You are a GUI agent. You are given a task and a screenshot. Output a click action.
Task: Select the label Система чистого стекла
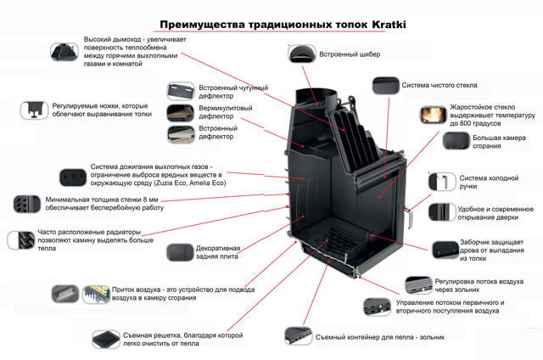click(439, 85)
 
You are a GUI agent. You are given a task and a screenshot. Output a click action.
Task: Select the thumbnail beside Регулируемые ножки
click(36, 110)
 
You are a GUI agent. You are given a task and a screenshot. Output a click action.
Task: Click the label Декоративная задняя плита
click(218, 254)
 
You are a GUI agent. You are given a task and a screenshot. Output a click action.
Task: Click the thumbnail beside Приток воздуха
click(64, 293)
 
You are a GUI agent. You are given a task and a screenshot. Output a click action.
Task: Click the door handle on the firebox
click(409, 214)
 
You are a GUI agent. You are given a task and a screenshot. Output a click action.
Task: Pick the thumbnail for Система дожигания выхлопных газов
click(70, 176)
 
